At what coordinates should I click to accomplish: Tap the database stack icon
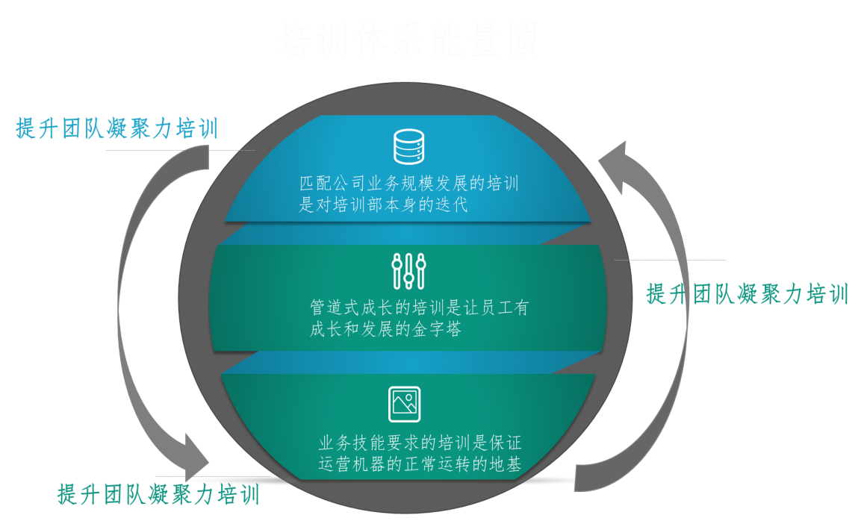point(408,146)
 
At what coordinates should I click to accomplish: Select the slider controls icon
point(408,271)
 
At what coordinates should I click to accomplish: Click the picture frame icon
point(405,404)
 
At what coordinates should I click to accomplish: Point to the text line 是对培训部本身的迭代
point(383,205)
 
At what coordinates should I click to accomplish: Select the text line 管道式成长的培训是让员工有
point(419,308)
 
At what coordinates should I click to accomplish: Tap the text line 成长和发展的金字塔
point(385,329)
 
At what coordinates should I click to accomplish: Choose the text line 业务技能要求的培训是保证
point(420,443)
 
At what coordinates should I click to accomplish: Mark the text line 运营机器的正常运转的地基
point(420,464)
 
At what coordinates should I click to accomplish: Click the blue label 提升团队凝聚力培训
point(117,128)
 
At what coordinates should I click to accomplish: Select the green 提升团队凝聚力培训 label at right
point(748,294)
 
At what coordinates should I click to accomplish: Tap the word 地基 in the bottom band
point(504,464)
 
